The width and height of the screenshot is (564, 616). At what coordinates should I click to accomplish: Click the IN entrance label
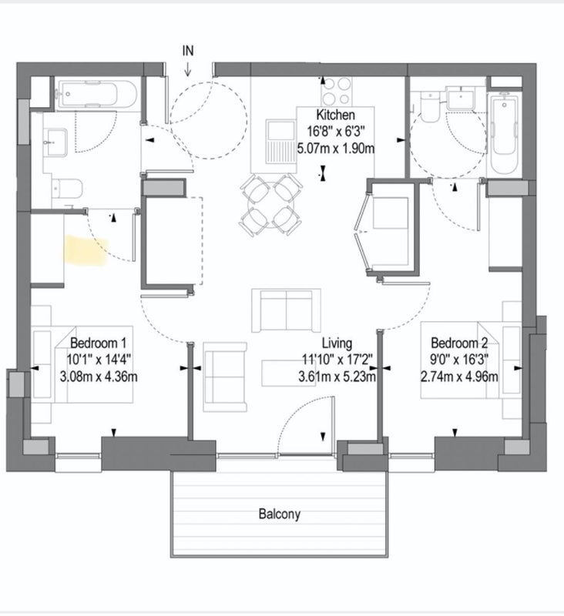coord(188,51)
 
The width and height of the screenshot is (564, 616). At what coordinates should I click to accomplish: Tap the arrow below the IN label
coord(188,69)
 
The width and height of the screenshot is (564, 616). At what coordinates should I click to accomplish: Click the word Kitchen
coord(336,115)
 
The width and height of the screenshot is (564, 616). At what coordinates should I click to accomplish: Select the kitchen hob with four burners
coord(337,91)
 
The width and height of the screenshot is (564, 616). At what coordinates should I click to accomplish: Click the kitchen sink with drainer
coord(281,142)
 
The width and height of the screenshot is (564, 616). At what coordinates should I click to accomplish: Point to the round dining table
coord(270,205)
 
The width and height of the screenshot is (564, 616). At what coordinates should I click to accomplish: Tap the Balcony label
coord(280,514)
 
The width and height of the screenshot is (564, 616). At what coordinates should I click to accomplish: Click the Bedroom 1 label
coord(99,343)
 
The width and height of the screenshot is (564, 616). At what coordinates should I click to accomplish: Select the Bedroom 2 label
coord(459,343)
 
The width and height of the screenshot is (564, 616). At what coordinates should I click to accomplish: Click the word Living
coord(337,343)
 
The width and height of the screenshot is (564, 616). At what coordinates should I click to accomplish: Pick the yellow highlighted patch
coord(86,249)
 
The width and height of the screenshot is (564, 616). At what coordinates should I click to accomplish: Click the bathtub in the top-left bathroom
coord(96,94)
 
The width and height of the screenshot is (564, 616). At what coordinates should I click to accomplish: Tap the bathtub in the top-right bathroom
coord(504,134)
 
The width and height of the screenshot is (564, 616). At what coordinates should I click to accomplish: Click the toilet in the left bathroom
coord(67,188)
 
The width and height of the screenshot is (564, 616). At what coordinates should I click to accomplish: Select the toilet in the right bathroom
coord(429,107)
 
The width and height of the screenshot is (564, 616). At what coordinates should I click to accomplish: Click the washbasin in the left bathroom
coord(55,142)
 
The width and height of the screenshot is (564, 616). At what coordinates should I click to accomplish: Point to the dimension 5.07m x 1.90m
coord(336,149)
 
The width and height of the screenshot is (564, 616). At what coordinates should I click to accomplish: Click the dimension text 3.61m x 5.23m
coord(337,377)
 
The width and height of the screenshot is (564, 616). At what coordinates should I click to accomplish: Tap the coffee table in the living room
coord(289,373)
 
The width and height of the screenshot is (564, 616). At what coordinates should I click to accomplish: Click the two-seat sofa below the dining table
coord(286,310)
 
